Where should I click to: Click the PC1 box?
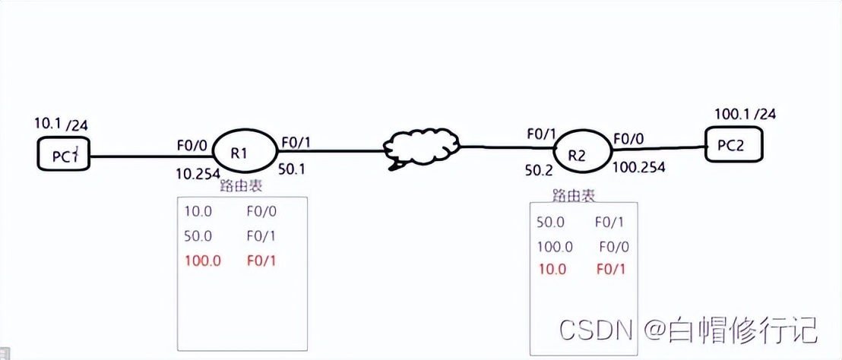tap(65, 156)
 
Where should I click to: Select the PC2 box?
tap(734, 146)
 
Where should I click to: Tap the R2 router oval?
tap(579, 156)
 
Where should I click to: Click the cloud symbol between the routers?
tap(423, 148)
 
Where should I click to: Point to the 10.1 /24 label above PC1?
tap(65, 124)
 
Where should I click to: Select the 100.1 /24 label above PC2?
tap(745, 115)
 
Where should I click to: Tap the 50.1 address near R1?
tap(292, 169)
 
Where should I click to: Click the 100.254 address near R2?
tap(639, 166)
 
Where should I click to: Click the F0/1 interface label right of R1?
tap(296, 142)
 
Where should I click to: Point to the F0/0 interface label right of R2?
tap(629, 139)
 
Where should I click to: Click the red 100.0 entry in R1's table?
tap(202, 261)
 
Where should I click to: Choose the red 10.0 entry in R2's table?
tap(552, 268)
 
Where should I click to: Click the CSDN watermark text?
tap(597, 330)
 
